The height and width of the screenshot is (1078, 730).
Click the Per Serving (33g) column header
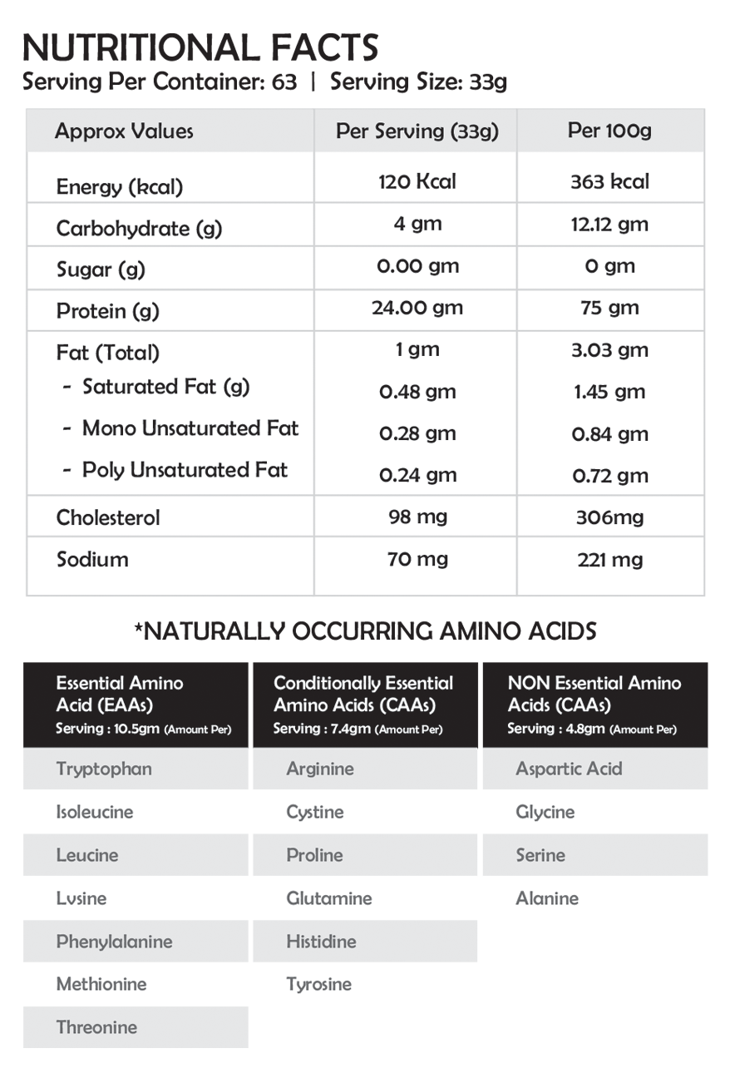[x=417, y=131]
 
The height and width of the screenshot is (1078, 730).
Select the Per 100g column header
[x=609, y=131]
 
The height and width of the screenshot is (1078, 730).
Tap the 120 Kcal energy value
[x=417, y=181]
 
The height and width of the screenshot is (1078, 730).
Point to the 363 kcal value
[x=609, y=181]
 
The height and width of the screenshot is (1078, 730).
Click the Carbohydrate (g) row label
[x=139, y=229]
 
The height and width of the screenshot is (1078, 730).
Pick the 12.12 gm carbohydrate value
[x=609, y=225]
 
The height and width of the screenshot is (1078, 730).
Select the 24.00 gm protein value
[x=417, y=308]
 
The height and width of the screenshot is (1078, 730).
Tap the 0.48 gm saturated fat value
[x=417, y=392]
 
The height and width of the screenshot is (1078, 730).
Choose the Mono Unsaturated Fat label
[x=190, y=428]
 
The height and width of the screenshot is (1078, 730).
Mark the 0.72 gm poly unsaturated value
[x=609, y=476]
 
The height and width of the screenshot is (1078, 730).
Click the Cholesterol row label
[x=108, y=517]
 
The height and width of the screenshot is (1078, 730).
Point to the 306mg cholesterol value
[x=609, y=518]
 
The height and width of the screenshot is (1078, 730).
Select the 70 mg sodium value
[x=417, y=559]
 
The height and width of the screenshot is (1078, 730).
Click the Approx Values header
[x=124, y=131]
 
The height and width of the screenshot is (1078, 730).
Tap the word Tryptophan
[x=104, y=769]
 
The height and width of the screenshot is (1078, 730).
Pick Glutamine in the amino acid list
[x=328, y=898]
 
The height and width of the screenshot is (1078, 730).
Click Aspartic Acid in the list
[x=569, y=769]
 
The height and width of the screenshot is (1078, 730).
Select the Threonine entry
[x=96, y=1027]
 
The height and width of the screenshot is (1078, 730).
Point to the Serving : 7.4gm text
[x=323, y=729]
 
